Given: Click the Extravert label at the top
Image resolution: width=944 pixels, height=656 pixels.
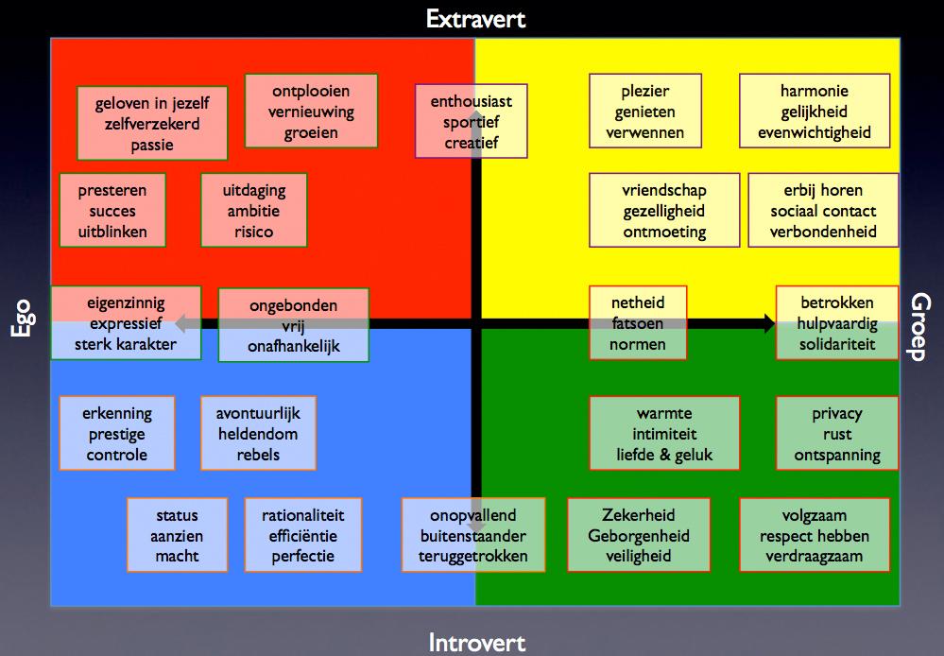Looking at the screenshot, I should (475, 18).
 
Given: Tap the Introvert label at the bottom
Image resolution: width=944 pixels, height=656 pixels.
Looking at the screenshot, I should (476, 644).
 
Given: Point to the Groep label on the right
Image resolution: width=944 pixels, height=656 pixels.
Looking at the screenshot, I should (920, 326).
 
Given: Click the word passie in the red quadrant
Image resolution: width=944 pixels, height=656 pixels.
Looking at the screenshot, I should (152, 146).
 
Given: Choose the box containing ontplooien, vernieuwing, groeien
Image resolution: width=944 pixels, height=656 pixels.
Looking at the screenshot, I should (311, 112).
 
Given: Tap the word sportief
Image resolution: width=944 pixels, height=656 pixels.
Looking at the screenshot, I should (471, 122).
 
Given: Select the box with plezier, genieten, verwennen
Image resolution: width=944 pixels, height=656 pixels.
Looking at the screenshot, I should (645, 112).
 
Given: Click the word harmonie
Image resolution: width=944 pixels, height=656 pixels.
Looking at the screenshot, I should (814, 92).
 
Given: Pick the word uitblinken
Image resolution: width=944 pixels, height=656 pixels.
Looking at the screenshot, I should (112, 232).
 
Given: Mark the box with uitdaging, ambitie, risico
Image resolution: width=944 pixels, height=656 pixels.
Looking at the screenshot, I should (254, 211).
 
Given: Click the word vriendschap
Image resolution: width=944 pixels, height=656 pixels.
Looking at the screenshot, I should (664, 191).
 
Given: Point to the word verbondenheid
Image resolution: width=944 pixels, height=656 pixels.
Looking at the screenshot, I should (823, 232).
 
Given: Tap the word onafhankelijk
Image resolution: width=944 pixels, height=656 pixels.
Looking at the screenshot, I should (293, 346).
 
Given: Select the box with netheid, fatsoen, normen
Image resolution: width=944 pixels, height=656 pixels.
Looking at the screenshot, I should (638, 323).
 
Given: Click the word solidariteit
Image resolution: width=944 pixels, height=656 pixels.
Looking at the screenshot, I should (836, 344).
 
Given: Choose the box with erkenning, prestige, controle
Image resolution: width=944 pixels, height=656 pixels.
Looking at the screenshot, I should (117, 434).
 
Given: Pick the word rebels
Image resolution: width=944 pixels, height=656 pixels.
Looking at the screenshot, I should (258, 455).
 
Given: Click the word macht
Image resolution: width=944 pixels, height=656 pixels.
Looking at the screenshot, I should (177, 556).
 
